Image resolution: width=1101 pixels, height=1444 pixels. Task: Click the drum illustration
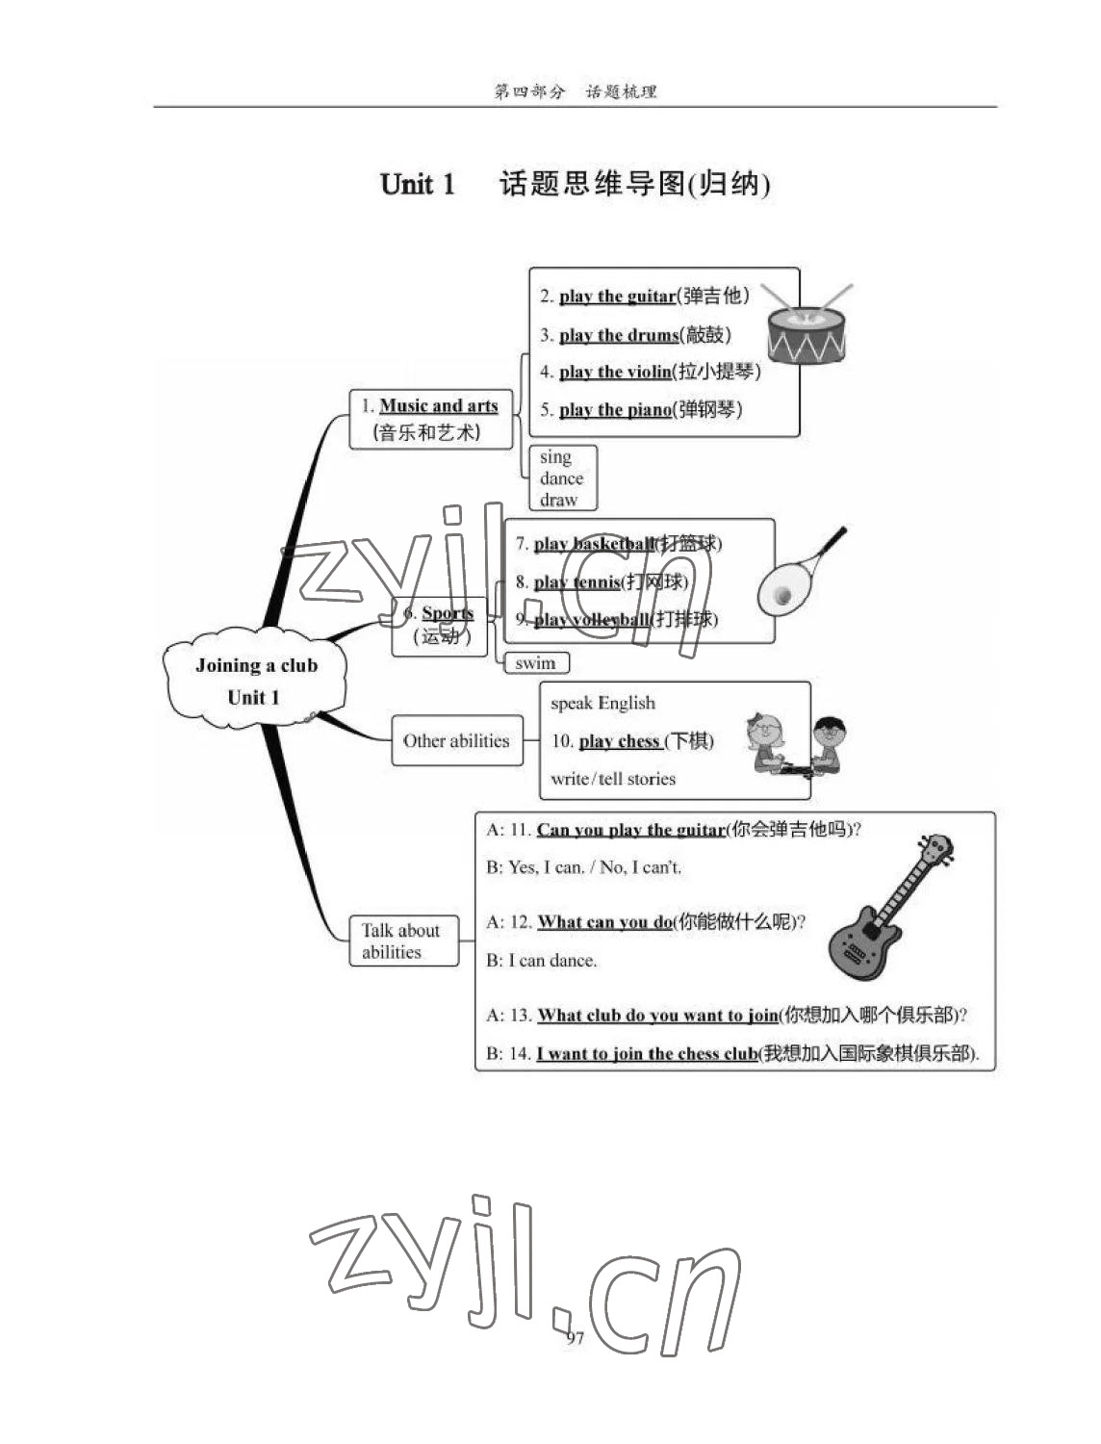807,328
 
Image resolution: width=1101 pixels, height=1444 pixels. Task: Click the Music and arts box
430,419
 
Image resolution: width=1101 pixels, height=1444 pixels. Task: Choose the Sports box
440,625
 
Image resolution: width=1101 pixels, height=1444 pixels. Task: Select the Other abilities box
456,740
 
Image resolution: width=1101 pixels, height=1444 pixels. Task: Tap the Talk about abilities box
402,941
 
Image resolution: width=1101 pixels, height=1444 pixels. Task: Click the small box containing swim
536,662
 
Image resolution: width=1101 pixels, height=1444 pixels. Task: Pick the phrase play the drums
618,335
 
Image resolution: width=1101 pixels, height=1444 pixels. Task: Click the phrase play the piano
615,410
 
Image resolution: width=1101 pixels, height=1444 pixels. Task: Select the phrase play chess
619,740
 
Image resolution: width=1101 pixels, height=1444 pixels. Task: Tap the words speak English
602,703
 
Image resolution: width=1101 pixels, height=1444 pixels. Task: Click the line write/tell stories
612,779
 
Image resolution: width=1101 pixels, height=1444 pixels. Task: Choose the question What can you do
604,922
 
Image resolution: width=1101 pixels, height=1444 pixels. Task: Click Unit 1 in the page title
417,184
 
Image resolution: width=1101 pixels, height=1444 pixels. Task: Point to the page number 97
575,1338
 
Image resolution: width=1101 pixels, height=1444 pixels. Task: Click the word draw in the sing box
558,500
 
